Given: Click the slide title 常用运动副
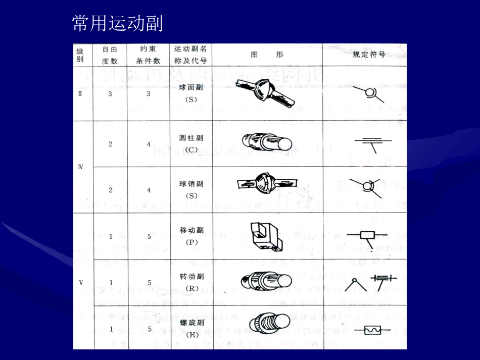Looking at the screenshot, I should pos(117,23).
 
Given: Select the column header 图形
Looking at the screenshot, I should pos(267,55).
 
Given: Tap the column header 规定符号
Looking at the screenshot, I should pos(368,55).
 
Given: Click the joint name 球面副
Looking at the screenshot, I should pos(190,87).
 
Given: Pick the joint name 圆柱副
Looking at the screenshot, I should pos(190,137).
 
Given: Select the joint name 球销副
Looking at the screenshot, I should pos(190,184).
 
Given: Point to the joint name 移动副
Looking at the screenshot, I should pos(190,230).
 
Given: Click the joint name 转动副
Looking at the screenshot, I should pos(190,277).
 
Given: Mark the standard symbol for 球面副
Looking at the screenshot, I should pos(368,93).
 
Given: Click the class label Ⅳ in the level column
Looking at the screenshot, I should pos(80,166).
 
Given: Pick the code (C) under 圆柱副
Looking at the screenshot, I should pos(190,149).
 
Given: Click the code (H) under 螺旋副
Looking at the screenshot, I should pos(190,334).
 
